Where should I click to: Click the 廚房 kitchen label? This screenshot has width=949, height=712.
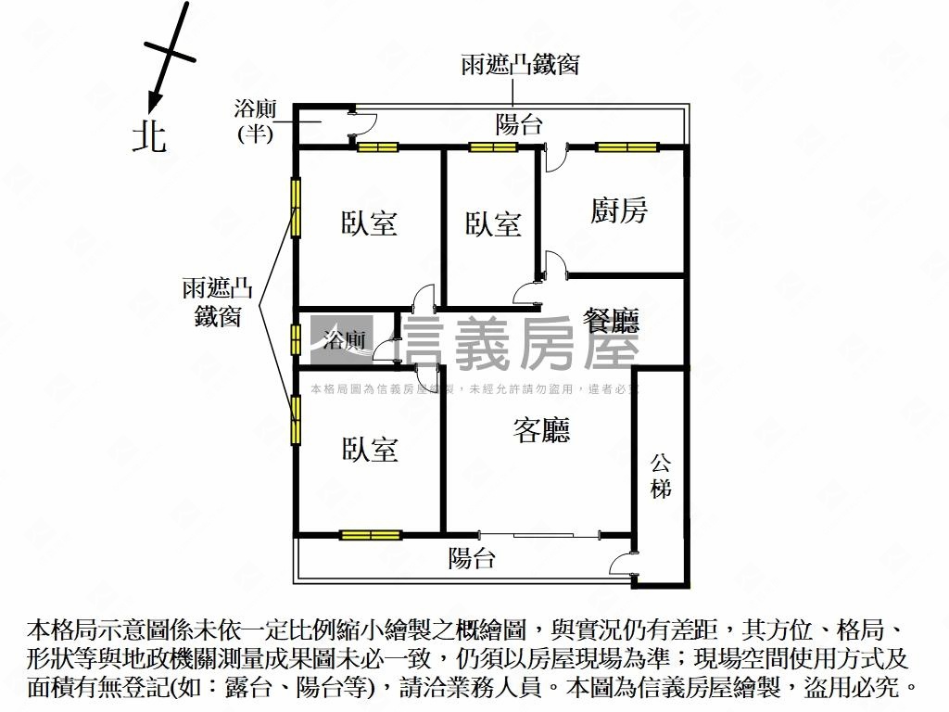coord(618,210)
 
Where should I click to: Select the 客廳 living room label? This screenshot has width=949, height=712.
coord(541,429)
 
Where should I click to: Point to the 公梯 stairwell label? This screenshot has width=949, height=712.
coord(661,475)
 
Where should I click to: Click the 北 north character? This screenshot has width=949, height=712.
coord(149,136)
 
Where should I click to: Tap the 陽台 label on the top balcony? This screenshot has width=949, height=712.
coord(519,124)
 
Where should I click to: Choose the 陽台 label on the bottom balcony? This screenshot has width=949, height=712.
coord(472,558)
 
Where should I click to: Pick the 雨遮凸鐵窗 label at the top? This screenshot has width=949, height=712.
coord(520,65)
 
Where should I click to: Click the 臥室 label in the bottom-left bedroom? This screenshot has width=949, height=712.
coord(370,450)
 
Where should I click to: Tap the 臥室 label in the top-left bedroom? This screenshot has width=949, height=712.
coord(369,223)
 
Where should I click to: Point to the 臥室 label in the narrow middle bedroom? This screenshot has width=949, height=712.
coord(493,223)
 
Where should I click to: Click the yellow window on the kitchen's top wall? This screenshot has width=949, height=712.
coord(626,146)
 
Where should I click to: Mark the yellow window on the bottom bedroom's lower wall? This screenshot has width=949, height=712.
coord(370,534)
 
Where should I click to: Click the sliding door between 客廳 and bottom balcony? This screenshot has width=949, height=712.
coord(540,534)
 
